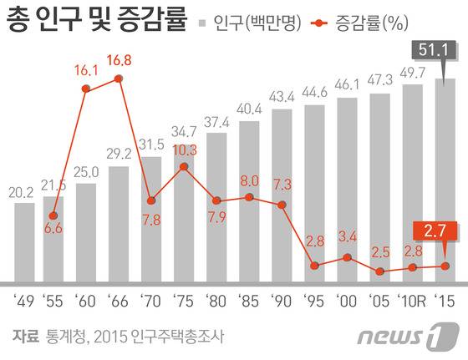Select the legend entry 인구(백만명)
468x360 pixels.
coord(244,21)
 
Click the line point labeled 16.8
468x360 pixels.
coord(119,79)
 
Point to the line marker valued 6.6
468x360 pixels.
coord(53,215)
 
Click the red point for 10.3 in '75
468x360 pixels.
coord(184,167)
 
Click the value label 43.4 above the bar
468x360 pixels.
coord(282,94)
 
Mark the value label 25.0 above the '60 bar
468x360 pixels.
coord(86,173)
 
